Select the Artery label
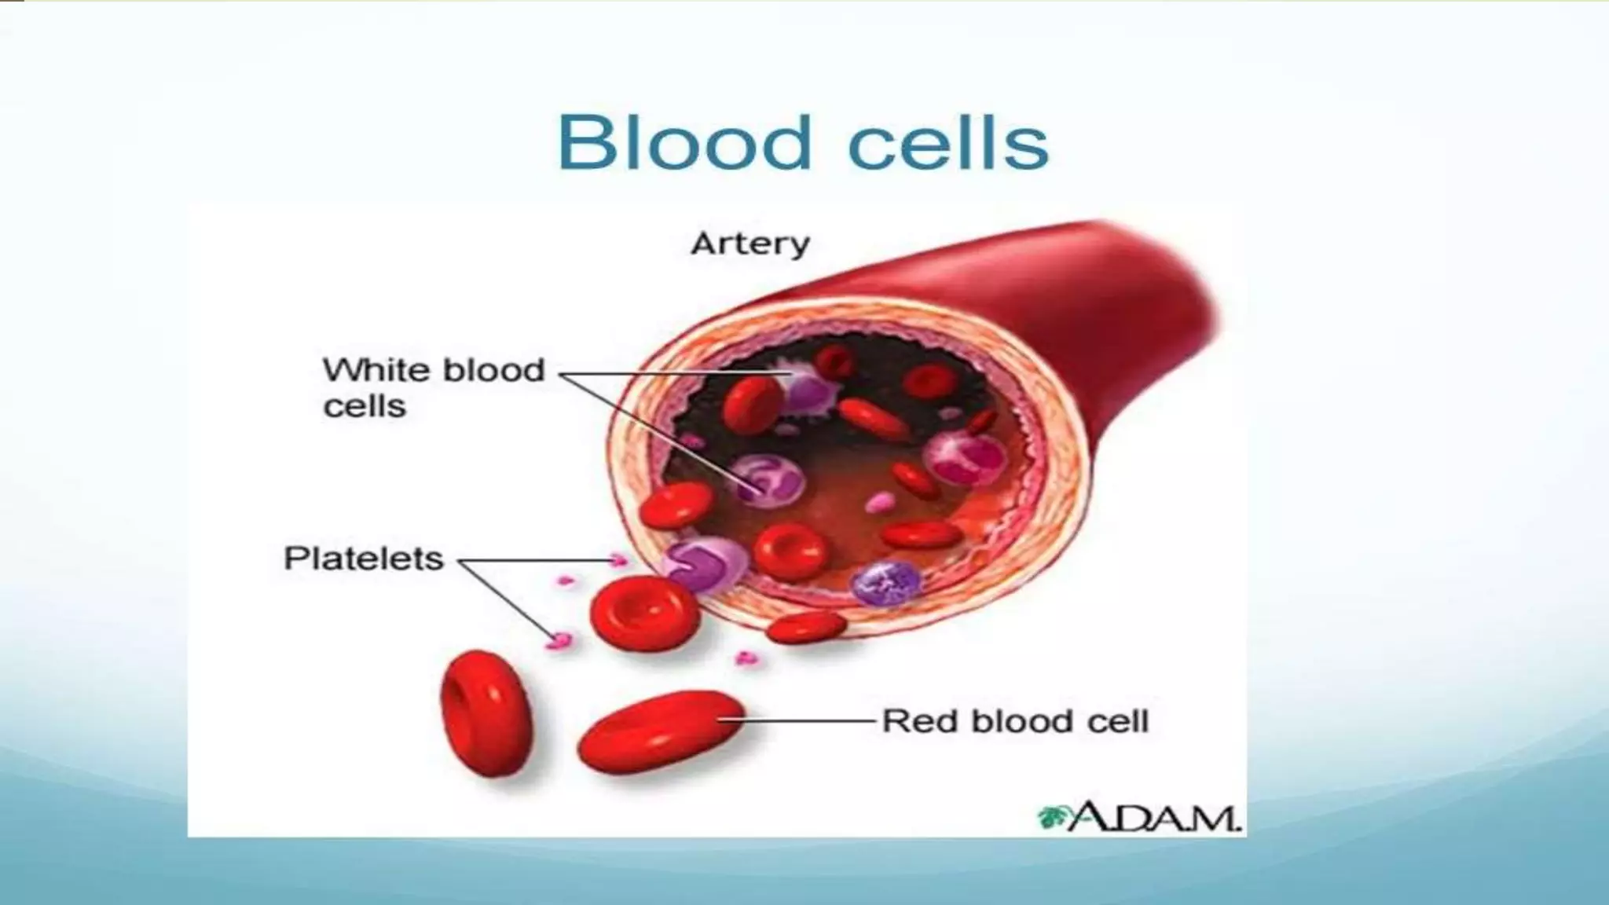(x=750, y=244)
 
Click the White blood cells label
(x=433, y=387)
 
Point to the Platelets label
(x=363, y=559)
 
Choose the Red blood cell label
(x=1015, y=721)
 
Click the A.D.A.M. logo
(x=1139, y=817)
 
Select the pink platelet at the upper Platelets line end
(x=619, y=560)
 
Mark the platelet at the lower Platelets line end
(x=559, y=640)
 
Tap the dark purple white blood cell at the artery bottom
(x=885, y=582)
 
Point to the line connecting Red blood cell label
(x=809, y=720)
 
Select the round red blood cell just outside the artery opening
(x=644, y=613)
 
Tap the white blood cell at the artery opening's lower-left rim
(x=706, y=562)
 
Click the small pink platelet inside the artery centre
(x=880, y=502)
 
